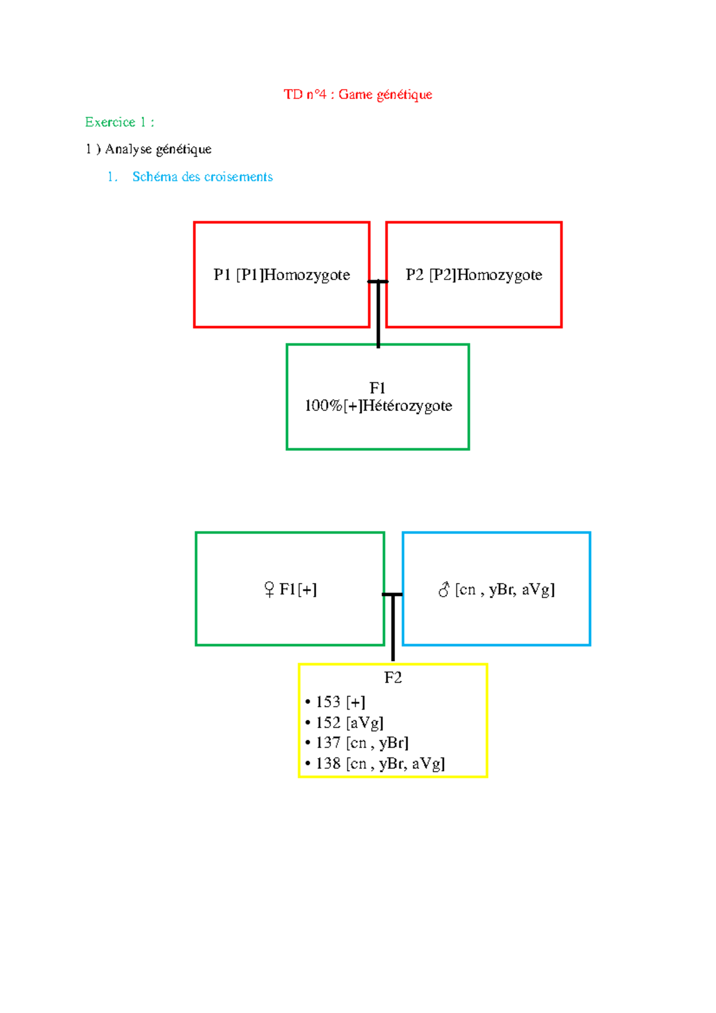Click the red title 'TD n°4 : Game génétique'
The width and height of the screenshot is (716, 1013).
coord(357,94)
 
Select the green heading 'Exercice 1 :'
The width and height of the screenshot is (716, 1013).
coord(120,122)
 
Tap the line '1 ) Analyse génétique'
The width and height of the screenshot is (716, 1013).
coord(148,149)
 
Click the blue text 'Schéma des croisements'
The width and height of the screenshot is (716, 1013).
coord(202,176)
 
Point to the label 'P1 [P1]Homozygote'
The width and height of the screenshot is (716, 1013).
coord(282,275)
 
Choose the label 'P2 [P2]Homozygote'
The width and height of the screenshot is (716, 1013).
coord(474,275)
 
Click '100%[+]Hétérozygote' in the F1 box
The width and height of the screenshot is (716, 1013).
coord(378,406)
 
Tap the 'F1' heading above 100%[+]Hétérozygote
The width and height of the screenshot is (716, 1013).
coord(377,388)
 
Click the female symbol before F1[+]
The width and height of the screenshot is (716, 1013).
coord(269,590)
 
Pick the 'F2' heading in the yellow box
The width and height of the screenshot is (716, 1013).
coord(393,677)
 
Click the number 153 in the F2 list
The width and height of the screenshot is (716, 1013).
coord(328,702)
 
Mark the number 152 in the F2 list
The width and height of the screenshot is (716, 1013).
coord(328,723)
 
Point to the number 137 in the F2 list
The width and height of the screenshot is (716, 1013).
coord(328,742)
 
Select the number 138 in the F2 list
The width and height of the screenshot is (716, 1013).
coord(328,763)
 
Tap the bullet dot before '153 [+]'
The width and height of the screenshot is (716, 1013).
coord(308,702)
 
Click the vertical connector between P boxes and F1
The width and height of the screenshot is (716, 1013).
coord(378,314)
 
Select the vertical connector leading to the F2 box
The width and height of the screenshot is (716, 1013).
coord(393,628)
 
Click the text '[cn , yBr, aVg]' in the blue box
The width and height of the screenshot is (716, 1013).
coord(505,590)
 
